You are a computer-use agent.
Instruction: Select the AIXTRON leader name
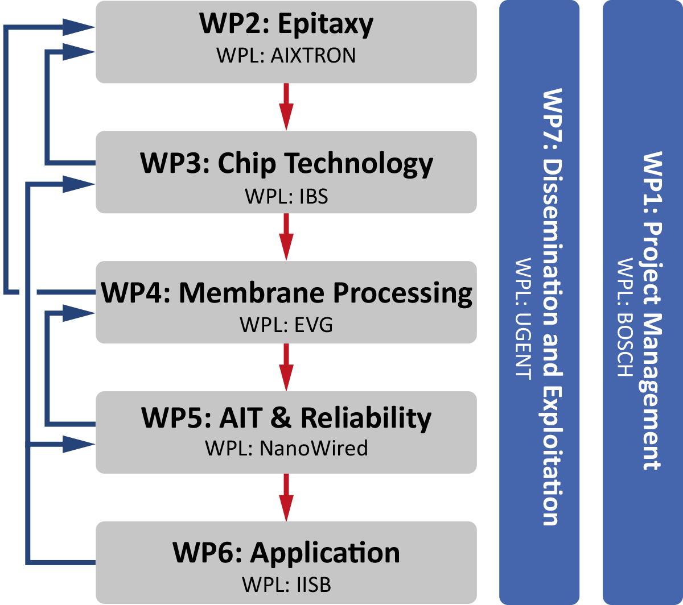click(314, 55)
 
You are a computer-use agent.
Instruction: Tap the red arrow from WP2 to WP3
click(286, 106)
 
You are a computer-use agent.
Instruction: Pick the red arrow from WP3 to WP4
click(286, 236)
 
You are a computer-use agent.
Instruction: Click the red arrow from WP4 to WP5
click(286, 366)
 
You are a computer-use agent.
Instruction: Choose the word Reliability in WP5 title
click(366, 418)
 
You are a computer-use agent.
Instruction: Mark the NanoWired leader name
click(314, 449)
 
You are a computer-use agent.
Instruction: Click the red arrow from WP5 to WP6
click(286, 496)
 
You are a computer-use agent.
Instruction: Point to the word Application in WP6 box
click(325, 553)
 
